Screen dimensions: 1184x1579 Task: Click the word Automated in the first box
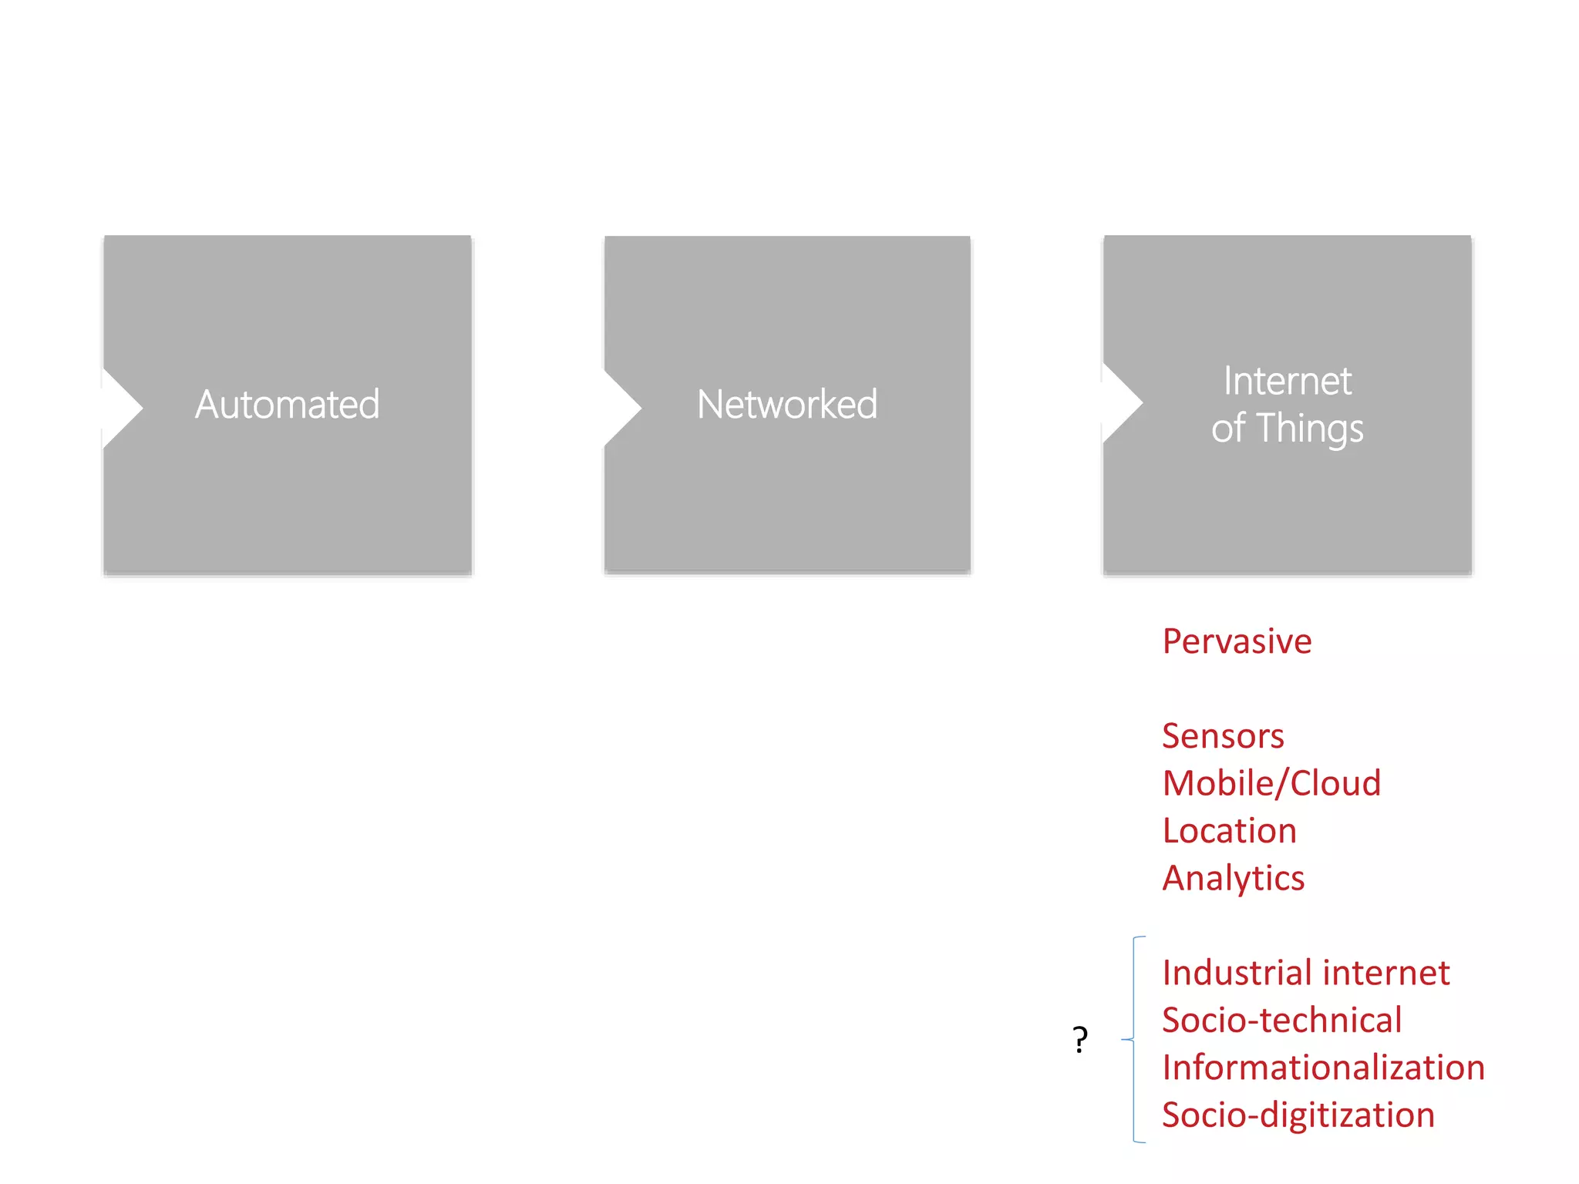tap(287, 404)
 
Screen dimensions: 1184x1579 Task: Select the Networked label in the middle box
tap(786, 404)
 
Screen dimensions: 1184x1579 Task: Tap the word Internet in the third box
tap(1287, 381)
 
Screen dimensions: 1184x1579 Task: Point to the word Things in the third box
tap(1310, 429)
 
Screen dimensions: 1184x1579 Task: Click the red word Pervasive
tap(1237, 641)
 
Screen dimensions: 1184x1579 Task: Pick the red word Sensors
tap(1223, 735)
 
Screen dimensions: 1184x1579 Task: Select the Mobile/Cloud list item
tap(1271, 783)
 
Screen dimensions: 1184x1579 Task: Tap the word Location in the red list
tap(1229, 831)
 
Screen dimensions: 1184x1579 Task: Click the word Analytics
tap(1233, 879)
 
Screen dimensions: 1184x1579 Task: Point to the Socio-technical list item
tap(1281, 1021)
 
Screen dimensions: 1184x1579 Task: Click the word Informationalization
tap(1323, 1068)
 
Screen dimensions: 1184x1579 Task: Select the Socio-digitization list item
tap(1298, 1115)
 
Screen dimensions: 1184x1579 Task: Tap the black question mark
tap(1080, 1040)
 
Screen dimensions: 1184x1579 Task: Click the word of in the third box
tap(1227, 429)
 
